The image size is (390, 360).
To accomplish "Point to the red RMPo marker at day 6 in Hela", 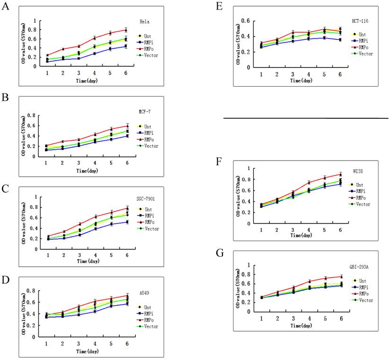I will (126, 30).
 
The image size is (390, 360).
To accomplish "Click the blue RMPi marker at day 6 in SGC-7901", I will (126, 222).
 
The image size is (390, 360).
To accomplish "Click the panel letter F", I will (219, 161).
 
